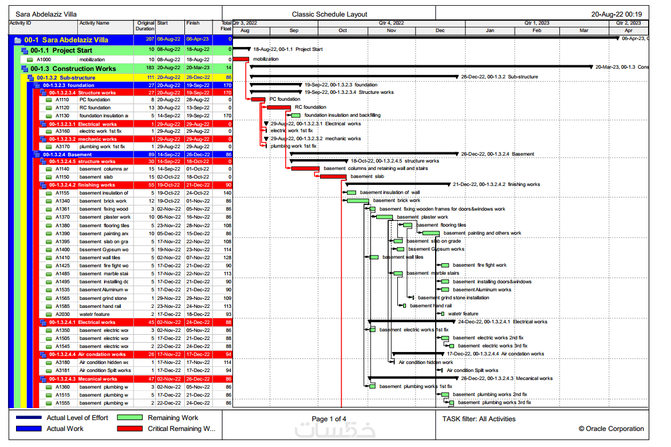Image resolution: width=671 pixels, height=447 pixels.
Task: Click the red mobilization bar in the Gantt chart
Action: pos(241,59)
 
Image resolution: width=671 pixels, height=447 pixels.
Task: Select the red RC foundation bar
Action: pos(279,107)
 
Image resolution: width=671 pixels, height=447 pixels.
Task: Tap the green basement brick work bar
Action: pos(358,201)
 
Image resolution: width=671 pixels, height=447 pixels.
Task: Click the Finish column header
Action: pos(193,23)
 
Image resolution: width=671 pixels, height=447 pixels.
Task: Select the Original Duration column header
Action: pos(145,26)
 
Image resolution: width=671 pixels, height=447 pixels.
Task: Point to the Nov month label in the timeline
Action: pos(391,30)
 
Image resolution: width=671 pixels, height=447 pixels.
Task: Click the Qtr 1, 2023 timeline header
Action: pos(536,23)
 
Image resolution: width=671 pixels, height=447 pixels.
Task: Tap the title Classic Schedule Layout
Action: pos(329,14)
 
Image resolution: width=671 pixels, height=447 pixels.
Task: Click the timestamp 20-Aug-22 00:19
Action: pos(616,14)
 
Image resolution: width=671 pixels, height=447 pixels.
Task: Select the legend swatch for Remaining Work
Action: pos(129,418)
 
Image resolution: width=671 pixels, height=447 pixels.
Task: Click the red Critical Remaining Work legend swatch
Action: pos(129,429)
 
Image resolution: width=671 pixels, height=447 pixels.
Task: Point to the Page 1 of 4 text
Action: pos(329,419)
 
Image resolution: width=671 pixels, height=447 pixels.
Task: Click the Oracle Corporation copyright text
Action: pos(611,429)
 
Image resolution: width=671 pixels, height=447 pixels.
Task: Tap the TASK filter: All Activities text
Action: pos(479,419)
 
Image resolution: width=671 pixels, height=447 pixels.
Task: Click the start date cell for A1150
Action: pos(169,177)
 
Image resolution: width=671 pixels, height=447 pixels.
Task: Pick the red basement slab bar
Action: pos(333,177)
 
